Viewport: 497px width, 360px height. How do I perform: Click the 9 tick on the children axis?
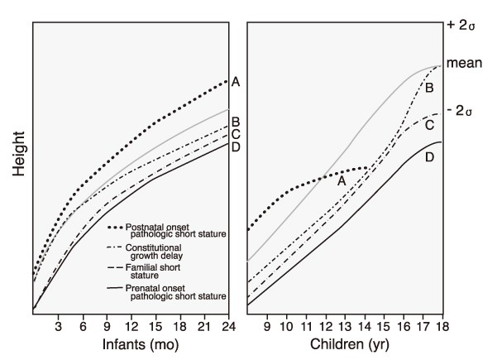click(267, 325)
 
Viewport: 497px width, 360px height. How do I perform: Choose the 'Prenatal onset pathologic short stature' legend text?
click(166, 292)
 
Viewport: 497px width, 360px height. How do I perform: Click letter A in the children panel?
click(342, 179)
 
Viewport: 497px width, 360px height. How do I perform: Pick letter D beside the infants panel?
click(236, 147)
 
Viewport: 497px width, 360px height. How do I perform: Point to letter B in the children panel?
click(429, 86)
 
